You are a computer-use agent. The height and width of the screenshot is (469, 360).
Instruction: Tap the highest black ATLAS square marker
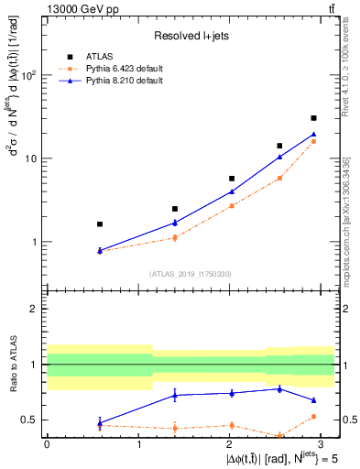pos(313,118)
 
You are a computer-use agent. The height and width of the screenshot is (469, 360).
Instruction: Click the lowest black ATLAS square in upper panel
pos(100,224)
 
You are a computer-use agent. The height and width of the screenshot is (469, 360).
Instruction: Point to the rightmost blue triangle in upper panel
pos(313,135)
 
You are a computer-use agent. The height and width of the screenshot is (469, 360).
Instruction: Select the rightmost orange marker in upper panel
pos(313,141)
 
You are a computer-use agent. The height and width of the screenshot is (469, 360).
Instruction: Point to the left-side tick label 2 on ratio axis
pos(37,309)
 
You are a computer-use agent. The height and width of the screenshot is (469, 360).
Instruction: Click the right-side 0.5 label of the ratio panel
pos(349,420)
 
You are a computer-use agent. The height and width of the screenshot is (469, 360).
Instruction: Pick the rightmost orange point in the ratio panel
pos(313,417)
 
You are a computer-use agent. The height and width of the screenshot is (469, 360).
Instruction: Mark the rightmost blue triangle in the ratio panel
pos(313,400)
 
